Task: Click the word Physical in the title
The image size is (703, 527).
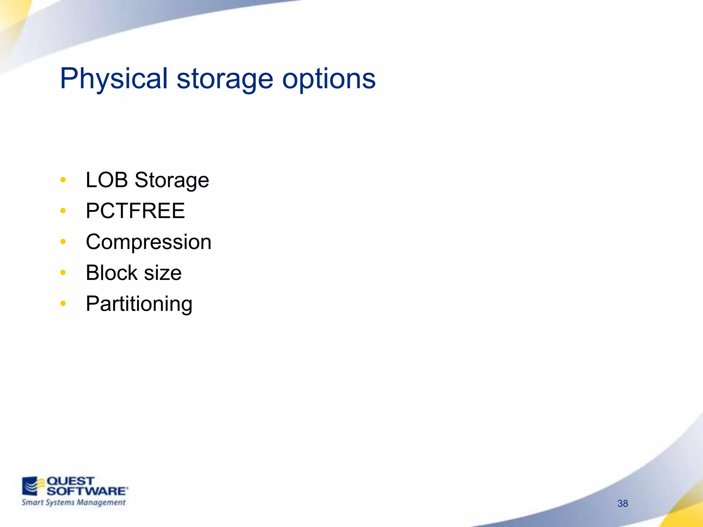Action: click(x=114, y=79)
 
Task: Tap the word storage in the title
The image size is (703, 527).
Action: click(x=225, y=80)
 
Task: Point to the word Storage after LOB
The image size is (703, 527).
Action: click(x=172, y=180)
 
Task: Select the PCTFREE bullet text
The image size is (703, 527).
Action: click(x=135, y=211)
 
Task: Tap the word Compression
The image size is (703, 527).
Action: click(x=148, y=242)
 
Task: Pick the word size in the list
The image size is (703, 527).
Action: click(x=163, y=273)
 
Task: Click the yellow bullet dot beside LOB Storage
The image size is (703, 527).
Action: click(x=63, y=180)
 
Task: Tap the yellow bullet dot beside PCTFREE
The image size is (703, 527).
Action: click(x=63, y=211)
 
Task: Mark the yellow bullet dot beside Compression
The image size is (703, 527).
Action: click(x=63, y=242)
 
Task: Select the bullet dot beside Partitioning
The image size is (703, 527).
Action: click(x=63, y=303)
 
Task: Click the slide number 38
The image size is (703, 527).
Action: click(x=622, y=503)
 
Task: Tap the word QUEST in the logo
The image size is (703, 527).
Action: click(x=70, y=481)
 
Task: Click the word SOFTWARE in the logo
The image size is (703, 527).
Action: click(x=87, y=491)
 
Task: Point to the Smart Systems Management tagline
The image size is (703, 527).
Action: click(x=73, y=503)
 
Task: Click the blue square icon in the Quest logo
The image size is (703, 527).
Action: click(x=30, y=486)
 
